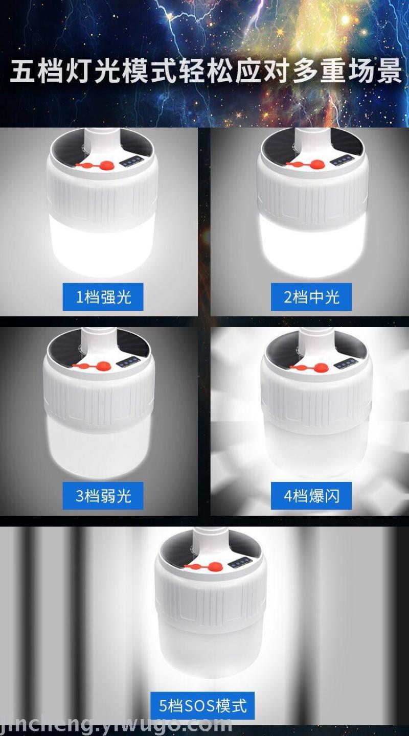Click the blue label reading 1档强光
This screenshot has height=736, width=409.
103,296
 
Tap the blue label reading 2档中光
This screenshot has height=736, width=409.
311,296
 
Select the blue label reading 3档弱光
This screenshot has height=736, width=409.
103,495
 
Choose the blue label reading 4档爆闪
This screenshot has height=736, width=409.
311,495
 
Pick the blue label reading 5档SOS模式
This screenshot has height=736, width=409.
202,705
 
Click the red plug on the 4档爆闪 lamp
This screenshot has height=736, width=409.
309,368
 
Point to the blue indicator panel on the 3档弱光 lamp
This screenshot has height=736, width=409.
128,362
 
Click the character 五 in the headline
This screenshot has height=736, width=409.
22,70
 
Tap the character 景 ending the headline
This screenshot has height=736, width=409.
389,70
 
